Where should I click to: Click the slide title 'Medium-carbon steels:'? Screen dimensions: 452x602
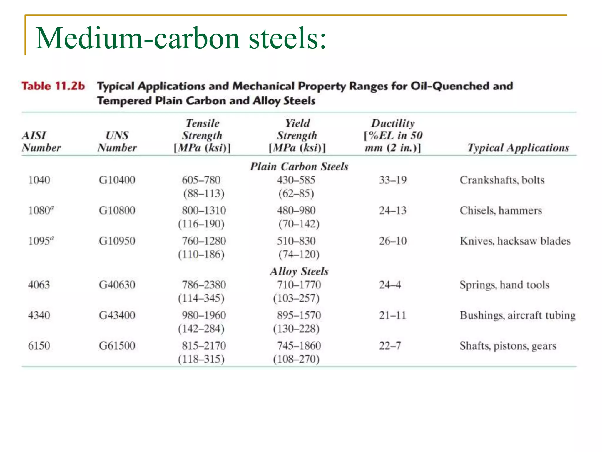pos(180,38)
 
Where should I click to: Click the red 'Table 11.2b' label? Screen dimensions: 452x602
pos(53,86)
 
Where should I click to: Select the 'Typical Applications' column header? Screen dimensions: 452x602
pos(518,148)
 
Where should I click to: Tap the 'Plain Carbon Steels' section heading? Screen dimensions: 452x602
pos(299,167)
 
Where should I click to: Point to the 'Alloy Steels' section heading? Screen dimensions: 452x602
pos(299,271)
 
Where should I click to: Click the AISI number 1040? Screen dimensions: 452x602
pos(39,180)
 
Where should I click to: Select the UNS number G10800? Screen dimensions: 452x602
pos(117,210)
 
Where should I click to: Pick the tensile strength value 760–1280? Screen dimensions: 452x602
pos(204,241)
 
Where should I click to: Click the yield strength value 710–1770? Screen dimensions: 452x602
pos(299,285)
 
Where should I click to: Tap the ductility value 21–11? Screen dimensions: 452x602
pos(392,315)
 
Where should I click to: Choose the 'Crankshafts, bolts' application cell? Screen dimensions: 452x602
pos(502,180)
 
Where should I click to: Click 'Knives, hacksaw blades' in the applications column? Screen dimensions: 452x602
pos(515,241)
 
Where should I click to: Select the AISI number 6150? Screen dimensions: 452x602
pos(39,345)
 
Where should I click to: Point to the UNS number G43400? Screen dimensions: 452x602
pos(117,315)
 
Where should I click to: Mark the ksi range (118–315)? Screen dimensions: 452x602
pos(201,359)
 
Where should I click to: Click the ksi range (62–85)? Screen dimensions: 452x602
pos(296,193)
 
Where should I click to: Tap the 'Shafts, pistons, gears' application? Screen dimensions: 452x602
pos(508,346)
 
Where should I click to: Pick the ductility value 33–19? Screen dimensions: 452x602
pos(393,180)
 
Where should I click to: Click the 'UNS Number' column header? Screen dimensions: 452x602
pos(117,142)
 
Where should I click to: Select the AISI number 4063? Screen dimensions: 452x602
pos(39,285)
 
